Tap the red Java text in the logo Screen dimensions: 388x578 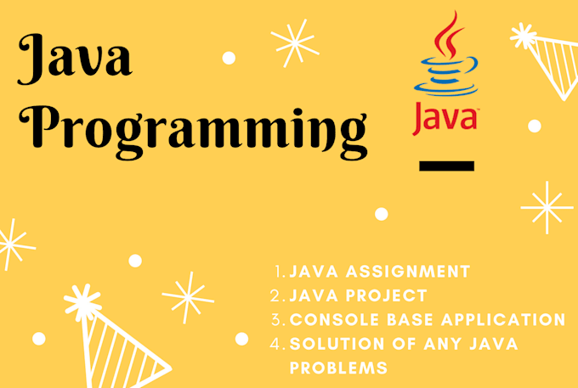[x=445, y=118]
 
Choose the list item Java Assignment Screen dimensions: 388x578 [x=379, y=272]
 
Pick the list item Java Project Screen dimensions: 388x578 [x=358, y=295]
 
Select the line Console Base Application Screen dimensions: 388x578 [x=428, y=320]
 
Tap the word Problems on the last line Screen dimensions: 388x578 [x=338, y=368]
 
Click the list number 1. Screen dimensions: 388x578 [x=279, y=272]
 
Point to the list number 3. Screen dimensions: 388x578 [x=277, y=320]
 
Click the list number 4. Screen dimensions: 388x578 [x=277, y=344]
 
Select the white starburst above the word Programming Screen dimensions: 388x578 [x=293, y=40]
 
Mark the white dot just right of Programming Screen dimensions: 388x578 [x=382, y=214]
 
